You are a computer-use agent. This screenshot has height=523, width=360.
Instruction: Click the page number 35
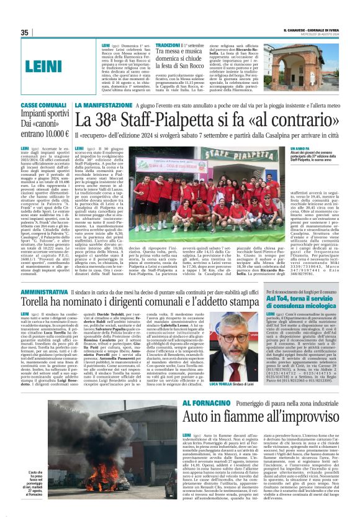click(x=25, y=32)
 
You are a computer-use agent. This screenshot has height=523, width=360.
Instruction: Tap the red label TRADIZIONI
click(x=168, y=45)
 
